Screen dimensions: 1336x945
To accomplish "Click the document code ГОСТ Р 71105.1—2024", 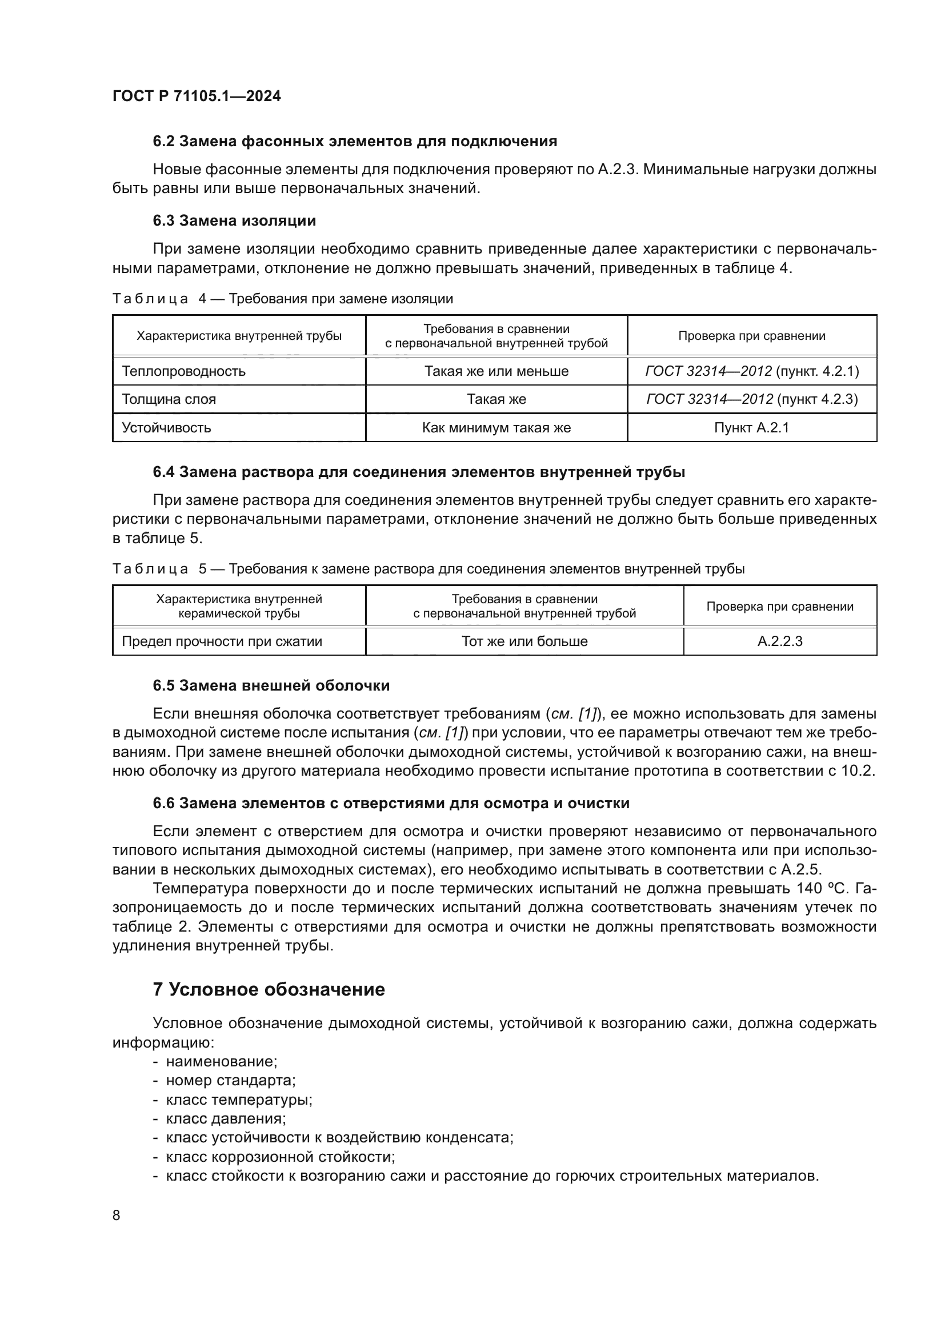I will tap(196, 97).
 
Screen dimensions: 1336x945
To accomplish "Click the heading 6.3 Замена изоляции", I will tap(234, 220).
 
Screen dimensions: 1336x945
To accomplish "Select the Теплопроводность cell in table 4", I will tap(183, 371).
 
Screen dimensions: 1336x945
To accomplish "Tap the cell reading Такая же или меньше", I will tap(496, 371).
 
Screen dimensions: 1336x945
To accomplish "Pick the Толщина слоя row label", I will tap(169, 399).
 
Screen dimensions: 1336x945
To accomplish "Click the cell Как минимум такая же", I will tap(496, 428).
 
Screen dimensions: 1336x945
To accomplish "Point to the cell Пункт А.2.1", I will tap(751, 428).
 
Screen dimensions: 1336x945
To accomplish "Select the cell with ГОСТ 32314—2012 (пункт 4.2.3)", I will tap(751, 399).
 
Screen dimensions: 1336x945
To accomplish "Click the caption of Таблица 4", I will tap(282, 299).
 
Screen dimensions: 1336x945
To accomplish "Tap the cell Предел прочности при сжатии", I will tap(222, 641).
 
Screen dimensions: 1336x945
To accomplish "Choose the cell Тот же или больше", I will tap(524, 641).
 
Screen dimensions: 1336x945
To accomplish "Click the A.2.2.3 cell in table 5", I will tap(780, 641).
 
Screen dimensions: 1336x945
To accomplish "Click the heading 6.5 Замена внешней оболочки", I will tap(271, 685).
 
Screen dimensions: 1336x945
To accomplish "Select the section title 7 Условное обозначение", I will tap(269, 989).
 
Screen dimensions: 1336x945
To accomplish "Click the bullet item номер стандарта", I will tap(230, 1081).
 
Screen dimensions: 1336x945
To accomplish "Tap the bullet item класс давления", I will tap(226, 1118).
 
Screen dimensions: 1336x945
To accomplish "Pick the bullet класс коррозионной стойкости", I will tap(281, 1156).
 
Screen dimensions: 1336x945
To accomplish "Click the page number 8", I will tap(117, 1215).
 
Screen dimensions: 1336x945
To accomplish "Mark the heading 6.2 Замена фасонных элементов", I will tap(355, 142).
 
